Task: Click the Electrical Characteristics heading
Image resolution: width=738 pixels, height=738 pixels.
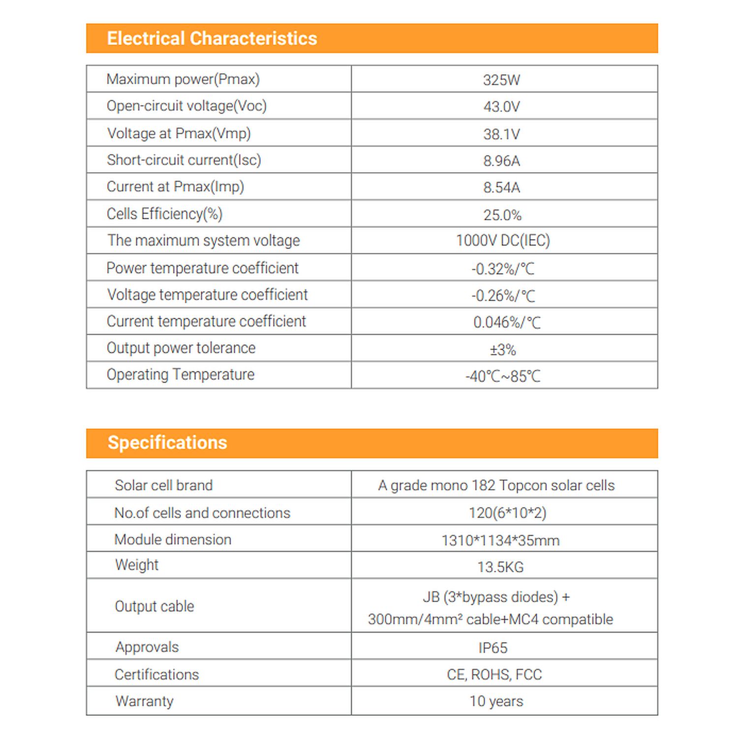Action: click(212, 38)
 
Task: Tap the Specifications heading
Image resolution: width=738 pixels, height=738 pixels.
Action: click(167, 443)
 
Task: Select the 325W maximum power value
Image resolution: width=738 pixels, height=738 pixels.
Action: click(501, 80)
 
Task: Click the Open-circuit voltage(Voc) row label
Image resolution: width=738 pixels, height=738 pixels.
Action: click(186, 106)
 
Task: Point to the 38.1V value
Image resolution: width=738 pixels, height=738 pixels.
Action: click(501, 134)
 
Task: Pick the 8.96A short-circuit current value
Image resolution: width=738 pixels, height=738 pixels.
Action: click(501, 161)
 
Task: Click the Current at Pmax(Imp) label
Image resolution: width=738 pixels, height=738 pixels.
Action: click(175, 187)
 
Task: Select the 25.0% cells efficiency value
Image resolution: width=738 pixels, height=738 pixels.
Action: click(502, 215)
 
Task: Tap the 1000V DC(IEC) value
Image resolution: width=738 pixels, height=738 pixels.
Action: click(503, 241)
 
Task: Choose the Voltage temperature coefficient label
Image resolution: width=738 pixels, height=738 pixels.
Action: click(207, 295)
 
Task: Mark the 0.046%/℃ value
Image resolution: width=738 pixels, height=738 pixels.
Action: click(507, 322)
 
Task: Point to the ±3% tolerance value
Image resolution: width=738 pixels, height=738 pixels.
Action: click(503, 350)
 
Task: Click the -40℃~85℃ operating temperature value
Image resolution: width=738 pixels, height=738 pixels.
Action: click(503, 376)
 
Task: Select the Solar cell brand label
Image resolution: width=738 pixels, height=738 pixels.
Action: click(164, 486)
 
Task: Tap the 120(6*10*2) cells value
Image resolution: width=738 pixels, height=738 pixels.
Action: click(507, 513)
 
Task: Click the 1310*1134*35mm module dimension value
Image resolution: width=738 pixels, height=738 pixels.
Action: click(500, 541)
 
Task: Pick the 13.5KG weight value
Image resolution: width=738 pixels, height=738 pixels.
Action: click(500, 567)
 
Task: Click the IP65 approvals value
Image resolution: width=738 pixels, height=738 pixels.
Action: click(493, 648)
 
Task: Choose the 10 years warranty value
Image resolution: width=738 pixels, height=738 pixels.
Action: click(496, 701)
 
